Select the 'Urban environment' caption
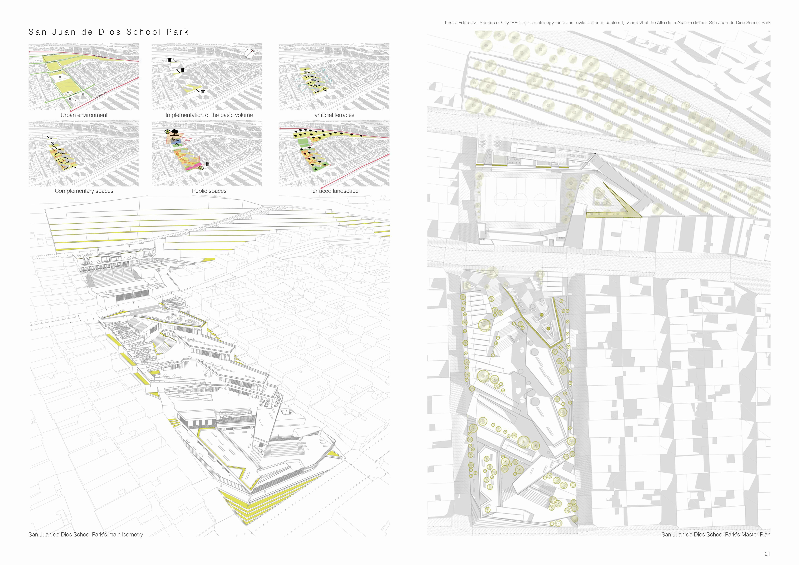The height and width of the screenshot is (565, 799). [84, 115]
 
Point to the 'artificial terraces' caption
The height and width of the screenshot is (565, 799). [334, 115]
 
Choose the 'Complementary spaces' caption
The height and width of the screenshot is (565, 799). [84, 191]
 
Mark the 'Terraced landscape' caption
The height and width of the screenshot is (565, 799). [334, 191]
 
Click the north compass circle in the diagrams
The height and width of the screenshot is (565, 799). [249, 54]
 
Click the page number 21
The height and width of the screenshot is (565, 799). [767, 554]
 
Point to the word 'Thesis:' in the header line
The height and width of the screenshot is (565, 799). [449, 23]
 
